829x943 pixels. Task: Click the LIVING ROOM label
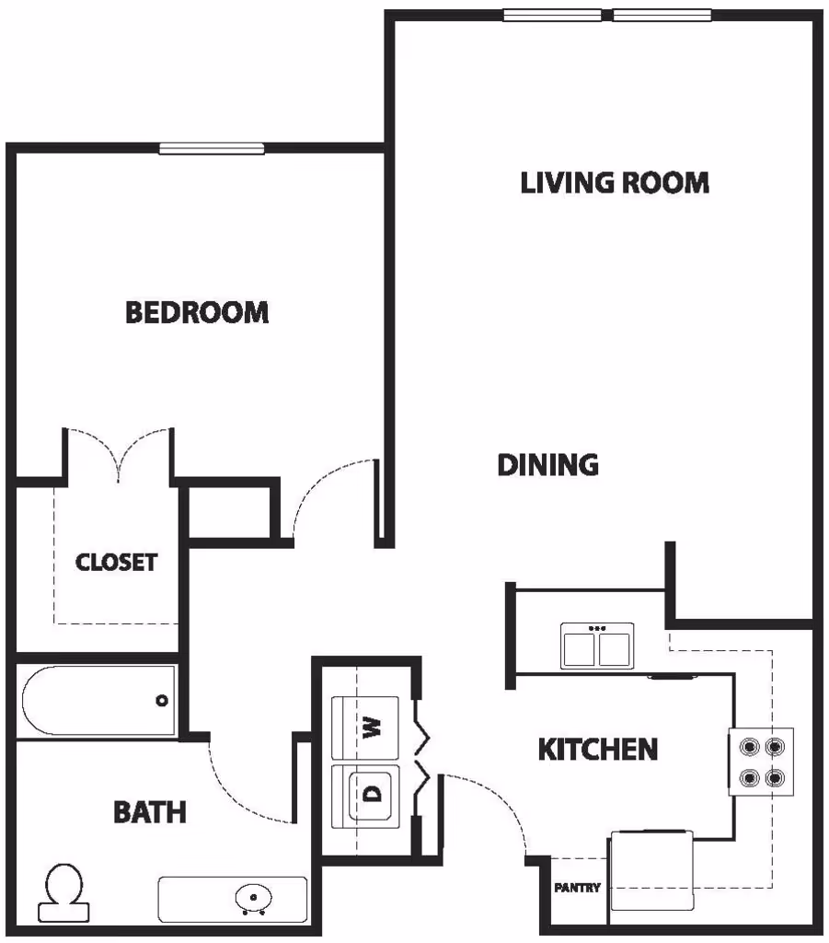[615, 182]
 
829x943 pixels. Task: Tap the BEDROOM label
[197, 313]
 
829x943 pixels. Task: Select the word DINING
[547, 465]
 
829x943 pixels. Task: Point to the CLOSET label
[116, 562]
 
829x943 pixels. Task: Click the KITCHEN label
[597, 750]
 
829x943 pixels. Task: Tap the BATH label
[149, 812]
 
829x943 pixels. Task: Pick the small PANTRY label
[577, 888]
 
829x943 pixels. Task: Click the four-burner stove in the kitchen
[761, 762]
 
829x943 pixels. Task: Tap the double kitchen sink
[597, 646]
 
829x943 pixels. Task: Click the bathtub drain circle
[162, 701]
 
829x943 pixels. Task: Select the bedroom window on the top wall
[212, 148]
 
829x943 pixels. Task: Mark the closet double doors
[117, 451]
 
